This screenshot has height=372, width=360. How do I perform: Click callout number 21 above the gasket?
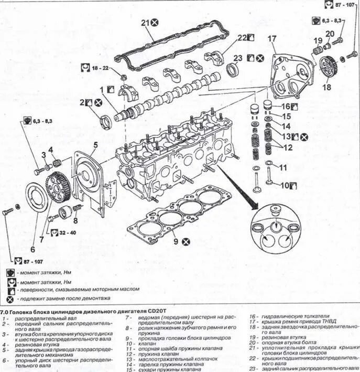[145, 22]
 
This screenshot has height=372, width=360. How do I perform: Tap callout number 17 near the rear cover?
[271, 39]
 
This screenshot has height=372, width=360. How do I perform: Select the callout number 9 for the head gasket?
[177, 241]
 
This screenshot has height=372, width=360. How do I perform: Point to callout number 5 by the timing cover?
[96, 144]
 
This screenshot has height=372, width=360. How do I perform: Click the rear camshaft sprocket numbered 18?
[330, 67]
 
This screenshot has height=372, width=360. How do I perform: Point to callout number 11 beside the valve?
[283, 168]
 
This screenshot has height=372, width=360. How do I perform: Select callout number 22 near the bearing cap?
[241, 38]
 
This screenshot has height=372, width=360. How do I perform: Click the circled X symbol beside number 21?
[156, 23]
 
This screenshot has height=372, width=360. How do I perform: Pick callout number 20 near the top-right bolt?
[329, 34]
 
